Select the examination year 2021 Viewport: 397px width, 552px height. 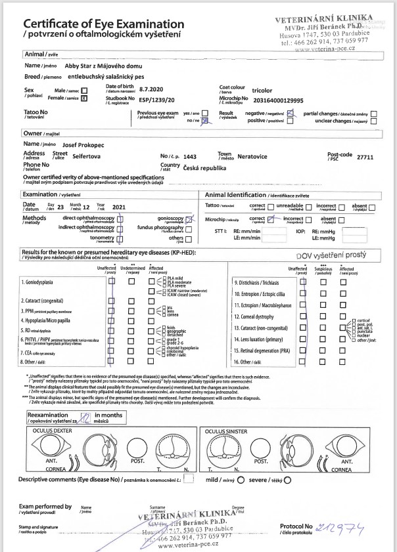click(118, 207)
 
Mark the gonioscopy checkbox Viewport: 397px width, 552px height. click(189, 219)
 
